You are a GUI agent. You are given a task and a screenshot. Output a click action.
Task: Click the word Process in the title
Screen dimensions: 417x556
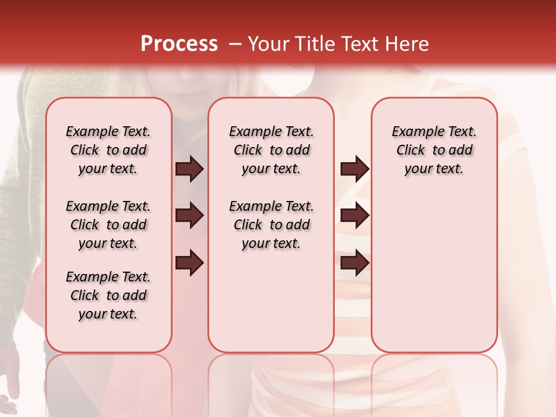click(179, 44)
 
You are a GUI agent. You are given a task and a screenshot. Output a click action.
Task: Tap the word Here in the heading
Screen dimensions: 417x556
click(408, 44)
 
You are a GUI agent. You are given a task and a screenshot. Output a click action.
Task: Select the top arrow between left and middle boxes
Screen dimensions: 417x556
click(189, 169)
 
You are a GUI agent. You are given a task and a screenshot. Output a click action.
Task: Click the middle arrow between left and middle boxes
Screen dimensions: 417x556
click(189, 216)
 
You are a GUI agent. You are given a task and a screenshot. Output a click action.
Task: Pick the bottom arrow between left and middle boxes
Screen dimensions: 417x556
click(189, 263)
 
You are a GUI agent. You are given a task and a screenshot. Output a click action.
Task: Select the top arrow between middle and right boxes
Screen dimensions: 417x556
click(354, 169)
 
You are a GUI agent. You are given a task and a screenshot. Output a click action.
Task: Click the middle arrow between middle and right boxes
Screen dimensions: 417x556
click(354, 216)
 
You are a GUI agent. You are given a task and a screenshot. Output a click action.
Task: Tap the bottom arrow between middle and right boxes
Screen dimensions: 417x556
click(354, 263)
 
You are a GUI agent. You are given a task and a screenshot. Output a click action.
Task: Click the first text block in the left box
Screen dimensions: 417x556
click(108, 150)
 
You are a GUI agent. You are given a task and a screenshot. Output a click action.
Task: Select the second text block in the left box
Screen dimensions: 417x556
click(108, 225)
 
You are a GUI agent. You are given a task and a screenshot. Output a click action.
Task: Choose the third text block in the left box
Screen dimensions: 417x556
click(108, 295)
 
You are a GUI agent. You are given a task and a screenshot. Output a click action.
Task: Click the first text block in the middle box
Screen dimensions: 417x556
click(271, 150)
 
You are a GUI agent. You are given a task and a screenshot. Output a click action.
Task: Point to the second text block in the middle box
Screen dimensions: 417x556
click(271, 225)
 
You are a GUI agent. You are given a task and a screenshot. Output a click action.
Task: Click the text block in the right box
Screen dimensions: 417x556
click(434, 150)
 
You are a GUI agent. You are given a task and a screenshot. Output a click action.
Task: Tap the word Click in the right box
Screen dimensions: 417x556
click(411, 150)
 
